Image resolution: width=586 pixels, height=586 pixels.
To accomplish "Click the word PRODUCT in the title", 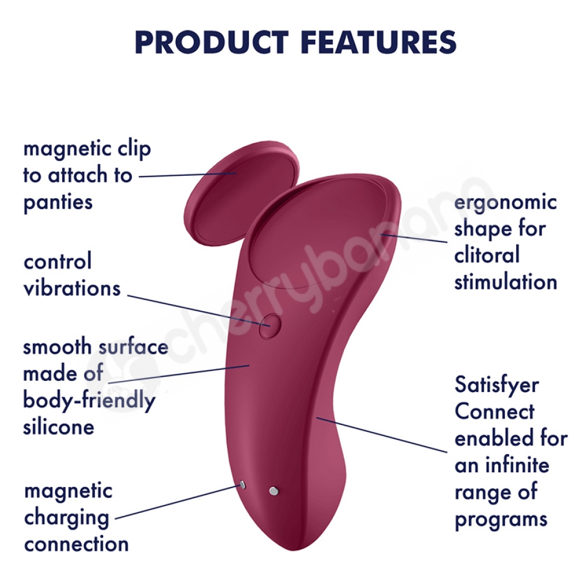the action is [x=212, y=42].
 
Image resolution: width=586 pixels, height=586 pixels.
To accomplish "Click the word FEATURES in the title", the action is [x=378, y=42].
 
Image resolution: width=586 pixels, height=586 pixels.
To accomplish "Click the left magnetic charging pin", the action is [x=243, y=485].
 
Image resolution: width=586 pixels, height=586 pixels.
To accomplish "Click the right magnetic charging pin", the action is [x=274, y=490].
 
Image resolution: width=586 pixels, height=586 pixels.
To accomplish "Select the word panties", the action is [x=58, y=203].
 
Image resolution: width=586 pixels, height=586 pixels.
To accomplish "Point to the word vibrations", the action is [x=72, y=288].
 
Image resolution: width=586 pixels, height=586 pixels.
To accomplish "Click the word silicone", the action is [x=59, y=427].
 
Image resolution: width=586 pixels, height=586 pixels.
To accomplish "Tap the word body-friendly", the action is [x=89, y=401].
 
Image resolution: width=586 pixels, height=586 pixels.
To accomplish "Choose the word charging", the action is [x=67, y=519].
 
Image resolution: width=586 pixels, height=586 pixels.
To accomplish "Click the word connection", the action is [x=77, y=544].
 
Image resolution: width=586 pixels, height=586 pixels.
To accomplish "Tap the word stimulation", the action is [x=506, y=282].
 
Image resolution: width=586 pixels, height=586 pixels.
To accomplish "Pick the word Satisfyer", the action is [x=497, y=386].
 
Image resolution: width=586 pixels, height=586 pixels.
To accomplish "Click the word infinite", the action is [x=517, y=465].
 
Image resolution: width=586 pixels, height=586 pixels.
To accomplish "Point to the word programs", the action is [x=501, y=520].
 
